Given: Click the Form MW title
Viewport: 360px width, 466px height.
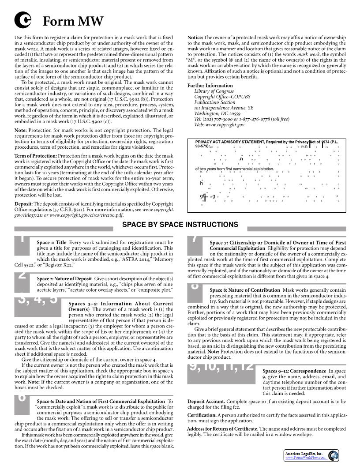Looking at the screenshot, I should [x=73, y=21].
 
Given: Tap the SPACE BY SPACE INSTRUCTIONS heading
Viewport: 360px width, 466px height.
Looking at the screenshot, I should [x=180, y=225].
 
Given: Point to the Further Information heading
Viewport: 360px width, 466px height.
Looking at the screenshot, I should [x=210, y=86].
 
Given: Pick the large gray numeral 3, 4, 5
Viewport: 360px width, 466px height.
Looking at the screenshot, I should [x=37, y=299].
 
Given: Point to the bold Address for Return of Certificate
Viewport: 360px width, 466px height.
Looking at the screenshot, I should [x=222, y=429].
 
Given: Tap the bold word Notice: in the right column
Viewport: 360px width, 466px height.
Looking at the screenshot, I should [x=195, y=38].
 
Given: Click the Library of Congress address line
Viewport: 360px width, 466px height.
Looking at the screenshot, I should [x=214, y=91].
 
